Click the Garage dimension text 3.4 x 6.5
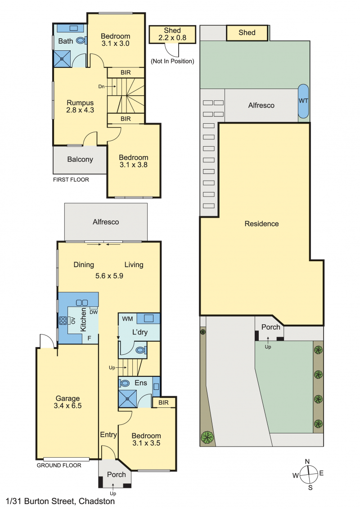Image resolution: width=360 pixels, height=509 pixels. click(x=67, y=406)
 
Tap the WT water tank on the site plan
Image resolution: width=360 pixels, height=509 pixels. click(x=303, y=101)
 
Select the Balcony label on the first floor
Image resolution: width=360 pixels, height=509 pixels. click(x=80, y=159)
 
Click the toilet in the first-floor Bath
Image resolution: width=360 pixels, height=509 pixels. click(x=81, y=40)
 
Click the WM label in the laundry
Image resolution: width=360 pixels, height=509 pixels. click(x=127, y=319)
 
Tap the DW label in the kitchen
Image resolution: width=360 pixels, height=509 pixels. click(x=94, y=313)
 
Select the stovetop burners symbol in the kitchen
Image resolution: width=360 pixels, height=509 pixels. click(x=63, y=321)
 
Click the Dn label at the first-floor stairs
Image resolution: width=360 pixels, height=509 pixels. click(x=101, y=87)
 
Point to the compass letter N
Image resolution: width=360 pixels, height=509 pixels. click(x=307, y=462)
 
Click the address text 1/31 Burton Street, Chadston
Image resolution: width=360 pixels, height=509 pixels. click(x=60, y=501)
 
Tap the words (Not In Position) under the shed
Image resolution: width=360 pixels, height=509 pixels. click(x=172, y=61)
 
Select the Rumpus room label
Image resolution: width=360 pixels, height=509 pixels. click(x=80, y=103)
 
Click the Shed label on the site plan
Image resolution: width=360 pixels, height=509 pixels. click(x=247, y=32)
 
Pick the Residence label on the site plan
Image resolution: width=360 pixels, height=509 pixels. click(x=261, y=223)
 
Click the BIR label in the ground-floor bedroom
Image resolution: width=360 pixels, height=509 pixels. click(x=163, y=402)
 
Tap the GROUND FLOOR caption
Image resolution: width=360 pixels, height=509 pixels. click(x=59, y=465)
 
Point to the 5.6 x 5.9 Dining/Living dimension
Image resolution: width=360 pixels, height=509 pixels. click(x=109, y=276)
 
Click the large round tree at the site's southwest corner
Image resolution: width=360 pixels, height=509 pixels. click(x=207, y=437)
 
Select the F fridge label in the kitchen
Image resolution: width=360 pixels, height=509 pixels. click(x=90, y=338)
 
